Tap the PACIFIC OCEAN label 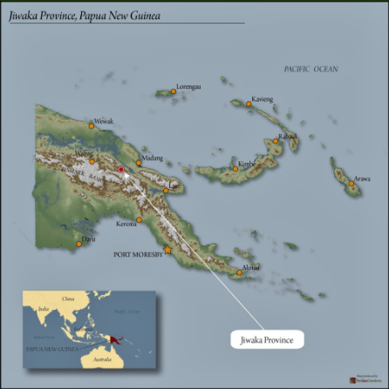(310, 69)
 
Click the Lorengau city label (188, 87)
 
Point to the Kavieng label (262, 99)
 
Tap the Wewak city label (104, 121)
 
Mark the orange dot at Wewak (91, 125)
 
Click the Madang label (152, 158)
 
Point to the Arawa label (361, 178)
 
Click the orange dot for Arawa (351, 184)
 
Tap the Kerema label (127, 224)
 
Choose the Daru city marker (78, 243)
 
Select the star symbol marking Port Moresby (167, 250)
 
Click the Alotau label (250, 267)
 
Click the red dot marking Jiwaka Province (120, 170)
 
